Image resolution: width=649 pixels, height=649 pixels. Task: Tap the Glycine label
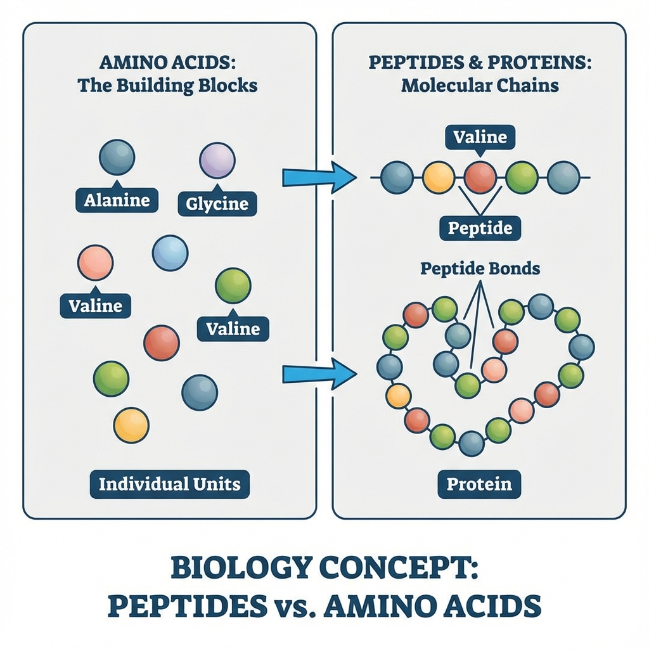(217, 204)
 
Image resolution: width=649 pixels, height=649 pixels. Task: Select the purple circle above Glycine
(217, 160)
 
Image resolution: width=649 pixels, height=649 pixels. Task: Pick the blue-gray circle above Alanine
(117, 157)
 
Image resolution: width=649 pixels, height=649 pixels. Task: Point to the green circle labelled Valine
(233, 286)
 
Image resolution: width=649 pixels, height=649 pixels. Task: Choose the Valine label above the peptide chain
(480, 137)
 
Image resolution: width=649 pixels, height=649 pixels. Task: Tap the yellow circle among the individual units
(131, 425)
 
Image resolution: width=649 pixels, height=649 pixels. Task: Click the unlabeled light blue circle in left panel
(170, 253)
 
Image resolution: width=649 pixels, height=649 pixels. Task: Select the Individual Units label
(170, 484)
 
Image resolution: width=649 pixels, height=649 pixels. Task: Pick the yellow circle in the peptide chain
(439, 177)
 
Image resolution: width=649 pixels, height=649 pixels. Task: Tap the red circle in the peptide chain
(480, 177)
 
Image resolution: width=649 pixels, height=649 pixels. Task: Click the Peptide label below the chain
(480, 228)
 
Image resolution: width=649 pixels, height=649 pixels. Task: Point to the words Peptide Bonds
(480, 268)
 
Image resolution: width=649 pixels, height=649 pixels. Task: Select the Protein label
(479, 484)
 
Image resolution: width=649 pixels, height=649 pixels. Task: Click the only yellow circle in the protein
(399, 396)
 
